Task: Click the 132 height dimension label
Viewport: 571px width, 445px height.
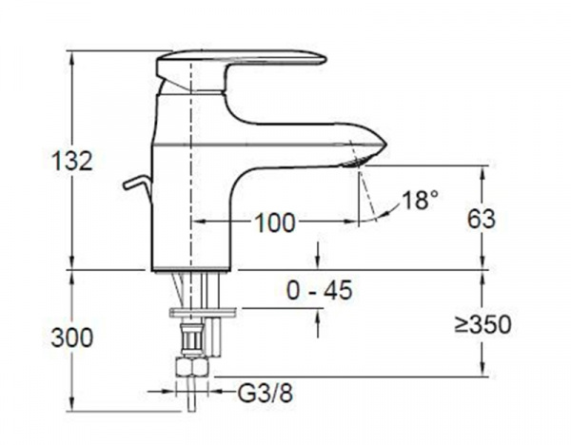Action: [72, 161]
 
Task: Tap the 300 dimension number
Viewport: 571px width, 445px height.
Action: [72, 338]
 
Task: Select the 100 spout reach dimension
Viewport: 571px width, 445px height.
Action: [274, 222]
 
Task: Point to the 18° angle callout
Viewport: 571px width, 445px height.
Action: [420, 200]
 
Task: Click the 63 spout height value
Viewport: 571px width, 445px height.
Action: [482, 219]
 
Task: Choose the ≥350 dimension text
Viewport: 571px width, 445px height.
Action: [483, 324]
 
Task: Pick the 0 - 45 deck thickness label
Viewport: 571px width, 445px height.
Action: [320, 290]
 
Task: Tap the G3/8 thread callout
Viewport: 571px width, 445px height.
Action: [266, 393]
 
